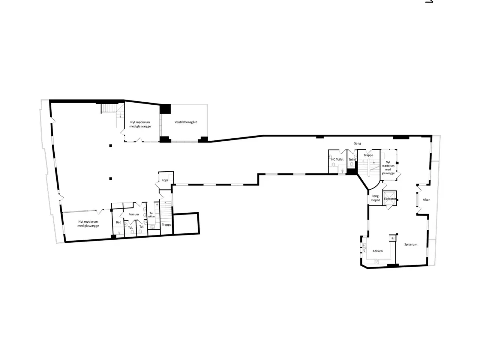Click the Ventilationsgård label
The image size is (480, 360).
[x=186, y=122]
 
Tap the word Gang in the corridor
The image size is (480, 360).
[x=357, y=144]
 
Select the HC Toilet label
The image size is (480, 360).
[x=337, y=159]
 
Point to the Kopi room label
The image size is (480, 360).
[x=165, y=180]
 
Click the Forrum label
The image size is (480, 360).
[x=133, y=214]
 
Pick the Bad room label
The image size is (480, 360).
[x=118, y=222]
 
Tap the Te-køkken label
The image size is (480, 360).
[x=151, y=215]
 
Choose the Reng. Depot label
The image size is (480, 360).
[x=375, y=198]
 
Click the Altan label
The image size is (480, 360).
[x=426, y=199]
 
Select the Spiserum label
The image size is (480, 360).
[x=411, y=244]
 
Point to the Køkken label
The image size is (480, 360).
[x=378, y=251]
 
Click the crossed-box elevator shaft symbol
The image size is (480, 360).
[x=390, y=199]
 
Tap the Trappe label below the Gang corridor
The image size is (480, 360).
[x=368, y=155]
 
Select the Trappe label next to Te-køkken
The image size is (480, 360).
[x=166, y=225]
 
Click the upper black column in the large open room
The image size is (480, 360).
[x=110, y=145]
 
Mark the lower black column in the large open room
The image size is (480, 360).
[x=110, y=179]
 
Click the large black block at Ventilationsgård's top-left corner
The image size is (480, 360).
[x=165, y=109]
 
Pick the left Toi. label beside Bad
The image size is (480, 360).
[x=130, y=227]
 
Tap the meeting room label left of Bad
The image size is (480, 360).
[x=88, y=223]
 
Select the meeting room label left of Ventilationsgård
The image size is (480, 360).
[x=140, y=124]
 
